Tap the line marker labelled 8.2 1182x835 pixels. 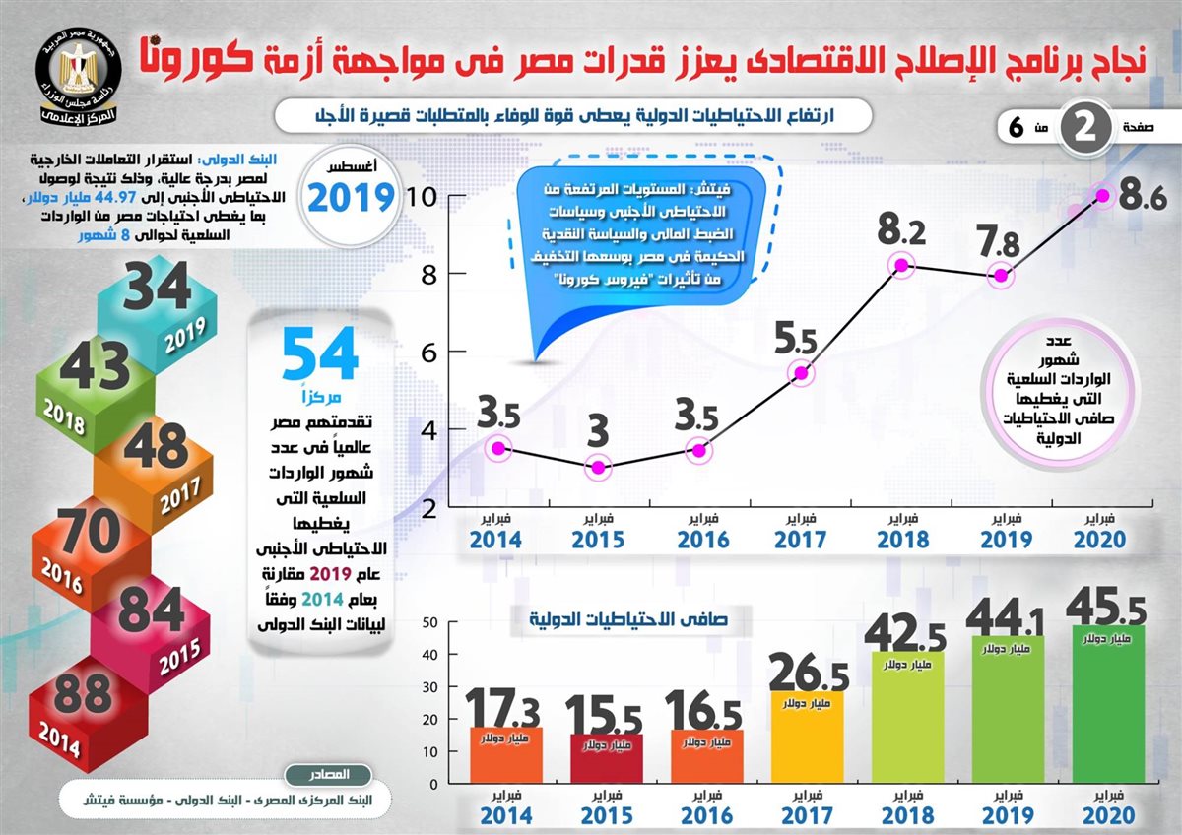(x=900, y=265)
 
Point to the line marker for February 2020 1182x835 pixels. (x=1102, y=196)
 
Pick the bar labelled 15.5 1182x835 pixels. (x=606, y=758)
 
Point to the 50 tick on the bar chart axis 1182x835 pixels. (x=430, y=622)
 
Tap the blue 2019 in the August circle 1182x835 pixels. (x=352, y=198)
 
